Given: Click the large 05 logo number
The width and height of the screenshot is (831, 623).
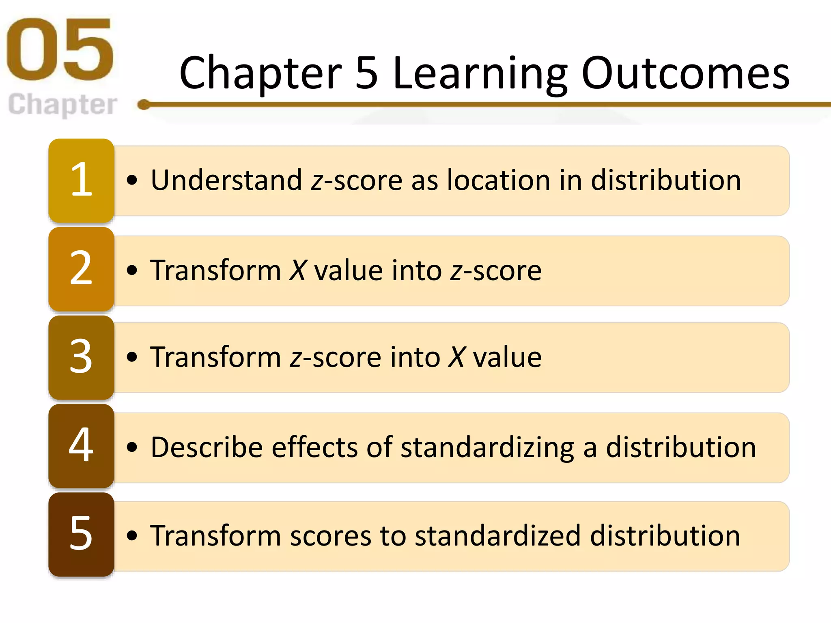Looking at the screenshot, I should (x=60, y=49).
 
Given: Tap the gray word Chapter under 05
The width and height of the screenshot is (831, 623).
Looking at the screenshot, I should (x=62, y=105).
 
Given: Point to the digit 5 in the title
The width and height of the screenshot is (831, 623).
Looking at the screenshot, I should (x=366, y=73).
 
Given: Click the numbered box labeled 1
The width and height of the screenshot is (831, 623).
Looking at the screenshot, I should (x=81, y=180).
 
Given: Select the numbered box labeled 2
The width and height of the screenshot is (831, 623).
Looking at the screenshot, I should (x=81, y=269).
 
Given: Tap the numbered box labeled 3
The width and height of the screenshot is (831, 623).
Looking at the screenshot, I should (x=81, y=357).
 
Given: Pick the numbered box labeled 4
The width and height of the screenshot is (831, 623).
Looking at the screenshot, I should (x=81, y=445).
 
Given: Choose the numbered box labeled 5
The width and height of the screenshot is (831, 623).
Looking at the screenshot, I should (x=81, y=534).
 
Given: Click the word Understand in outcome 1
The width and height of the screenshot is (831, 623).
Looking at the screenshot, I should (x=226, y=180).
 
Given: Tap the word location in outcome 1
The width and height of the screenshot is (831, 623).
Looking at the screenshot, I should (x=498, y=180).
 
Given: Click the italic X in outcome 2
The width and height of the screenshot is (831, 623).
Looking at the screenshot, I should (x=297, y=271).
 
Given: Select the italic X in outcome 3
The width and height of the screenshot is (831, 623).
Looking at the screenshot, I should (x=457, y=357).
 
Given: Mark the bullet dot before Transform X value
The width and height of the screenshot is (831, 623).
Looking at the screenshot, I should (x=132, y=270).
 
